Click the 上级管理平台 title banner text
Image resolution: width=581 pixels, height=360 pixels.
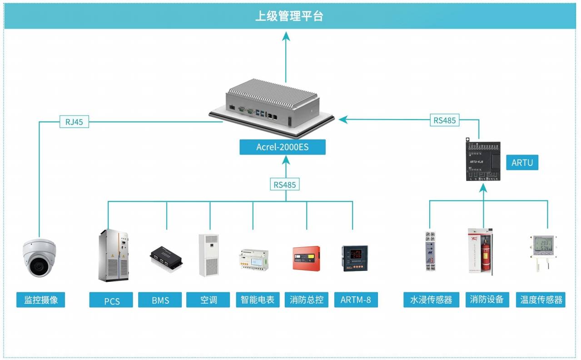click(289, 16)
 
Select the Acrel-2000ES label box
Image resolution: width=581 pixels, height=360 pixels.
click(283, 147)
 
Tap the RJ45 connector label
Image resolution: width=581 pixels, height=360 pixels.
click(74, 122)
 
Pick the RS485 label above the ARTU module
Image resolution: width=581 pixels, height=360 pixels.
click(445, 120)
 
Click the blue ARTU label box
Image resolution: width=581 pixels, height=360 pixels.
click(522, 162)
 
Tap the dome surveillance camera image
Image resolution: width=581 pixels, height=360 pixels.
click(40, 258)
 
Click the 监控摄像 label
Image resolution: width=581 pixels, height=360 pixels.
click(41, 300)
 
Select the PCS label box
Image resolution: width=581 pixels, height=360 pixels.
click(111, 300)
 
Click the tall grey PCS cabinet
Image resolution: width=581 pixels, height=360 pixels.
click(113, 255)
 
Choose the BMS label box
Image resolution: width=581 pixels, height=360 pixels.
click(160, 300)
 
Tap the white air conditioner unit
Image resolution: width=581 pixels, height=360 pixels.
click(209, 255)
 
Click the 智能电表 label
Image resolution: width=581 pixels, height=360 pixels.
click(258, 300)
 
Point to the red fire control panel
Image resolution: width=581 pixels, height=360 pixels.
click(306, 258)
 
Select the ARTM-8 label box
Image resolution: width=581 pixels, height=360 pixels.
click(356, 300)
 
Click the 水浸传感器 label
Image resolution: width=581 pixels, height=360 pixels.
click(431, 300)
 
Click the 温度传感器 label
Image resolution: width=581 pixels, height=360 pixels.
click(541, 300)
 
